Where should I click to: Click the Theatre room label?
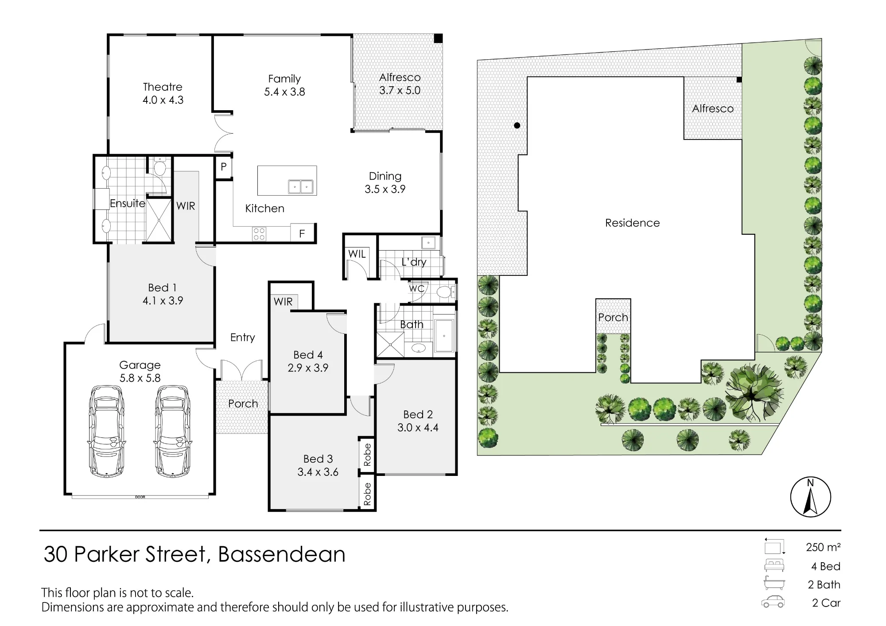[163, 87]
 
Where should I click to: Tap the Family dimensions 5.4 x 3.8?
[284, 92]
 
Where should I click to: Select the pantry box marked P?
[224, 167]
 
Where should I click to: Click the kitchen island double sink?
[300, 186]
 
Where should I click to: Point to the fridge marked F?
[302, 233]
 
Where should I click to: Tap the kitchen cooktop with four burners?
[259, 234]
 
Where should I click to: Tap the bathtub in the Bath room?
[444, 336]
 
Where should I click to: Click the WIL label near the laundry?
[357, 254]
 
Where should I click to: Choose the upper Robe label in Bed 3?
[367, 455]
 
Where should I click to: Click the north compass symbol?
[810, 497]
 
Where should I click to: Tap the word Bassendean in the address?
[282, 554]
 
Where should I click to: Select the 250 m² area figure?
[823, 547]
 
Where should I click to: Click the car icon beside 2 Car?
[773, 602]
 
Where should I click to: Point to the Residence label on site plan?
[632, 223]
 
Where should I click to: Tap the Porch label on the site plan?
[613, 317]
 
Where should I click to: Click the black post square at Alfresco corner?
[438, 39]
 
